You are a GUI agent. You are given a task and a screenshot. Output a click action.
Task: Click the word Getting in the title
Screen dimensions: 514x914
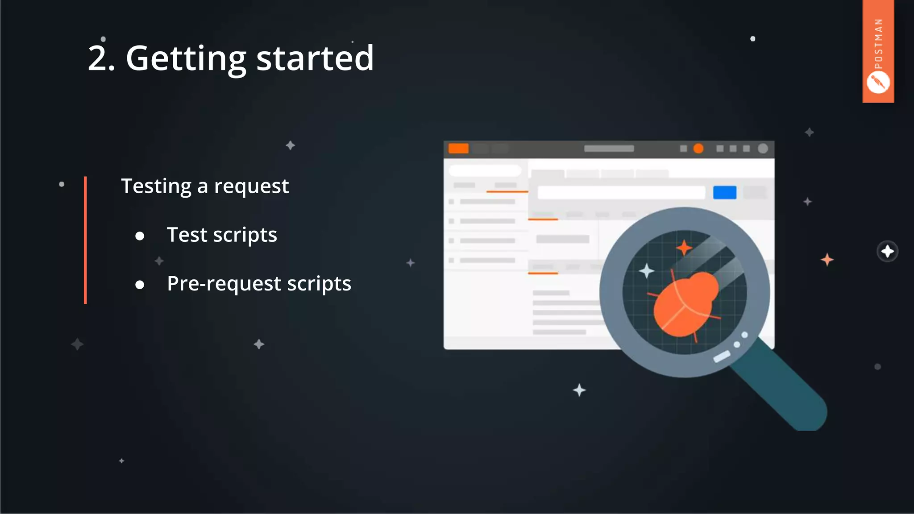click(186, 58)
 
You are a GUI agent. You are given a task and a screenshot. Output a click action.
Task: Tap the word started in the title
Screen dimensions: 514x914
click(315, 58)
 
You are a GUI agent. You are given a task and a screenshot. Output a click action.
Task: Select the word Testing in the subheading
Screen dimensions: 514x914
click(156, 186)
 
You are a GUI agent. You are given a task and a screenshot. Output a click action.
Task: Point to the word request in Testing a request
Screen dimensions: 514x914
click(251, 187)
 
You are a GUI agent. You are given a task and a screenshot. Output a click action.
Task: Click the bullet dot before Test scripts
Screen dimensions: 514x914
click(140, 236)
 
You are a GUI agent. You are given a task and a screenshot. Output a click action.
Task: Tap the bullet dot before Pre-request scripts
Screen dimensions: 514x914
click(140, 285)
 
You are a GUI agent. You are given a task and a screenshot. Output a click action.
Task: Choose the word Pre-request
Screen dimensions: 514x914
click(224, 284)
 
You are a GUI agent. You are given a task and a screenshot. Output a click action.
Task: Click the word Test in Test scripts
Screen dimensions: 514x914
click(187, 235)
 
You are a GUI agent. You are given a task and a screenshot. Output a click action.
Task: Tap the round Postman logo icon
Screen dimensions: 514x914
click(878, 83)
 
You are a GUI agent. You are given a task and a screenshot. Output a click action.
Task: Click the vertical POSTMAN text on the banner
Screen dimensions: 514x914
click(878, 44)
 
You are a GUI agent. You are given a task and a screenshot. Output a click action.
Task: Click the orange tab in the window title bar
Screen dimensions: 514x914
click(458, 149)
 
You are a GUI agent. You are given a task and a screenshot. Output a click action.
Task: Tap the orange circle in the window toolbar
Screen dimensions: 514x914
click(698, 149)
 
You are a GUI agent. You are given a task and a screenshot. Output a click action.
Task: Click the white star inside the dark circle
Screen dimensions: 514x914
click(887, 252)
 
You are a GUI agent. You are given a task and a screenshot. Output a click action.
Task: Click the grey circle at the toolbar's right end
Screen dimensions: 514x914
click(763, 149)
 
